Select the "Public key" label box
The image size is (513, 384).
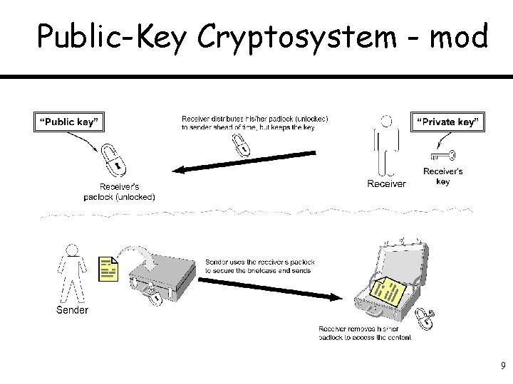pos(67,122)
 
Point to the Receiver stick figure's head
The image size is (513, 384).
pos(385,123)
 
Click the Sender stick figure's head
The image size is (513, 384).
pos(71,251)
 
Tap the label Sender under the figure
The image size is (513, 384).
pos(72,310)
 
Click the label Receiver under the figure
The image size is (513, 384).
pos(386,183)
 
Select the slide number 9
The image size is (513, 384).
pos(502,366)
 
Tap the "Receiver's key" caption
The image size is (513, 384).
pos(442,176)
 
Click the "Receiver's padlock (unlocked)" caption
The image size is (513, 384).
pos(119,191)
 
